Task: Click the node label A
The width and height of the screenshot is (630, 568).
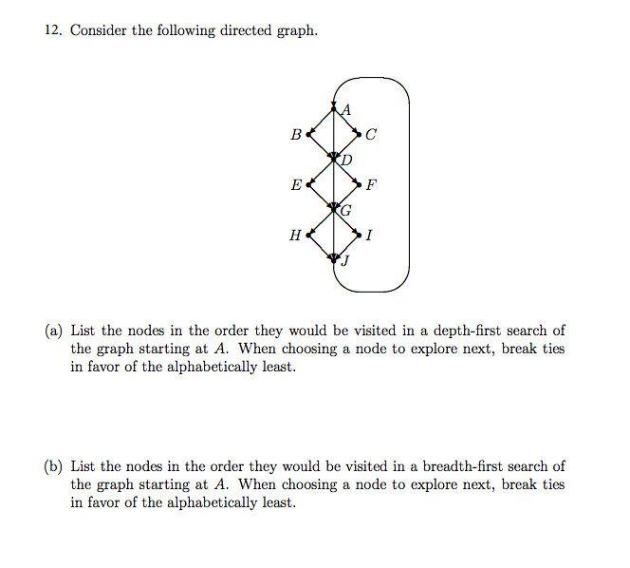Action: (345, 108)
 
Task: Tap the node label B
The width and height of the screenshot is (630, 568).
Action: (295, 135)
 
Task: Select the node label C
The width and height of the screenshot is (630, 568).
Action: (370, 135)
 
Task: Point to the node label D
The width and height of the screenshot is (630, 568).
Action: (346, 160)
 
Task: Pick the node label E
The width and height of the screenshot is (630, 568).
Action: (296, 184)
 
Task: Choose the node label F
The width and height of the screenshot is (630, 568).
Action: (370, 184)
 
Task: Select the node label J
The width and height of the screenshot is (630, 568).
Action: (345, 263)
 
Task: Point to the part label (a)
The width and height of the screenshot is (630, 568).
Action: (54, 331)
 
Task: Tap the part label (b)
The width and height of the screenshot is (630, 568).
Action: (54, 466)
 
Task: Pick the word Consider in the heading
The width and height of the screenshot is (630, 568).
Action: (99, 30)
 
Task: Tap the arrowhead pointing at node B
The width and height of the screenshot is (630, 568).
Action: (307, 135)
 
